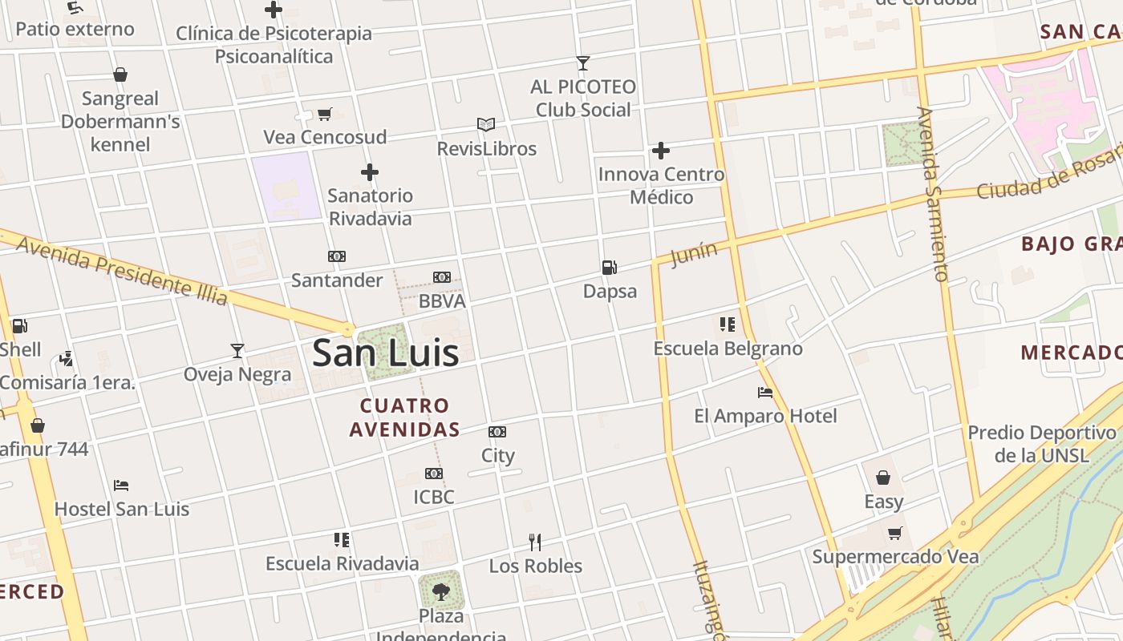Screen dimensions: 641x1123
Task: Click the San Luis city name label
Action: pos(385,353)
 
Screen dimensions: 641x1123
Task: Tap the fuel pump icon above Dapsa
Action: pos(610,268)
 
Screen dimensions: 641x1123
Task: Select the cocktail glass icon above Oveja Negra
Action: pos(237,351)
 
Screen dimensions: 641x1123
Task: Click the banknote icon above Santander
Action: pos(337,256)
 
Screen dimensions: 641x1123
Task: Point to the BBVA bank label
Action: pos(442,301)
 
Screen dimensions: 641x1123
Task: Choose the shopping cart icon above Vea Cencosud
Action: pos(325,114)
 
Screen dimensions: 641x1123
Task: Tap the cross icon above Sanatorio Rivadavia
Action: pos(370,172)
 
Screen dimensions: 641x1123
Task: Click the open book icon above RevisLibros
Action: pos(486,125)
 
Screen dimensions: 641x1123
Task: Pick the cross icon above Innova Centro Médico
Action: pos(661,151)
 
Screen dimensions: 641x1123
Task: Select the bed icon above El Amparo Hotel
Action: pos(765,393)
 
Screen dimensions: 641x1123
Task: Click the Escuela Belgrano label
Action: pos(728,349)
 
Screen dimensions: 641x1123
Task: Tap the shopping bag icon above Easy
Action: pos(883,478)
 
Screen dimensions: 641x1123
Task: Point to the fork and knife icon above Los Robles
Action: pos(535,542)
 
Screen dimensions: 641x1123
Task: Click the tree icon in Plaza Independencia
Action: pos(440,593)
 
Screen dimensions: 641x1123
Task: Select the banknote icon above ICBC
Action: pos(434,474)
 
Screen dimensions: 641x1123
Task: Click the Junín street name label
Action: pos(694,254)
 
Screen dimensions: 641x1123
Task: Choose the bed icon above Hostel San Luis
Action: pos(121,486)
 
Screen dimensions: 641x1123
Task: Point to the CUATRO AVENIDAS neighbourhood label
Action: pos(404,417)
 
